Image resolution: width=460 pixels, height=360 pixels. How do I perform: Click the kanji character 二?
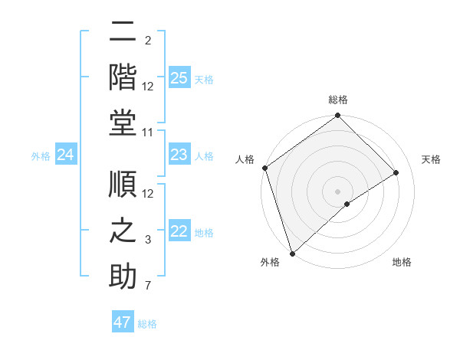[x=123, y=33]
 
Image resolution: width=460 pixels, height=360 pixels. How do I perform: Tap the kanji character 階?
[x=123, y=76]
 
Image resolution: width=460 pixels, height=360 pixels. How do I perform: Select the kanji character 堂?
[x=123, y=123]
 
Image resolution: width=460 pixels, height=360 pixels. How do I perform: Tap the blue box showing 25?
[x=179, y=78]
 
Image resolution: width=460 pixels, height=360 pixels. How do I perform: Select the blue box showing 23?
[x=179, y=155]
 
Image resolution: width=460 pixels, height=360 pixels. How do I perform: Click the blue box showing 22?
[x=179, y=232]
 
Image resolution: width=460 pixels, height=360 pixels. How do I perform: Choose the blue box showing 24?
[x=66, y=155]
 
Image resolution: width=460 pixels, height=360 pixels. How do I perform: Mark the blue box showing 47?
[x=123, y=322]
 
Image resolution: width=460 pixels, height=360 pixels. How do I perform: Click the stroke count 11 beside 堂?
[x=148, y=133]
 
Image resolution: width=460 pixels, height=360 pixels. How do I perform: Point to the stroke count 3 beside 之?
[x=148, y=241]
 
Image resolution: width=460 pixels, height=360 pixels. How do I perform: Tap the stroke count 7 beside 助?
[x=148, y=286]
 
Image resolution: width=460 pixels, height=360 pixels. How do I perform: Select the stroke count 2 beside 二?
[x=148, y=41]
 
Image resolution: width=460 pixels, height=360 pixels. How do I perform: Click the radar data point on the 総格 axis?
[x=337, y=116]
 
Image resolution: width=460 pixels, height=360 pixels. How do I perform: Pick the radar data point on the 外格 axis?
[x=292, y=253]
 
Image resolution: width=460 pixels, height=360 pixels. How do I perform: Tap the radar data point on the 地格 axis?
[x=347, y=204]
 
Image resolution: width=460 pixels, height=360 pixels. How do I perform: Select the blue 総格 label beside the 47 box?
[x=147, y=324]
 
